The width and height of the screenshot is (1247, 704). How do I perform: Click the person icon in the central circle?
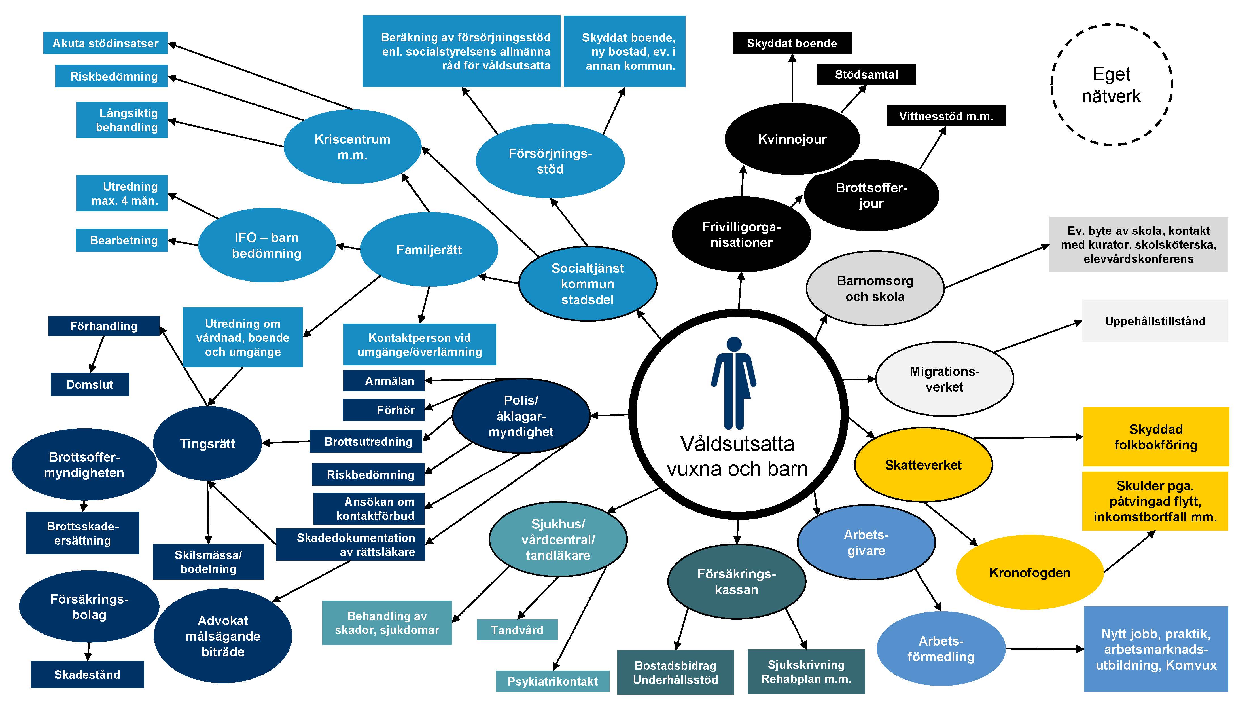pyautogui.click(x=734, y=382)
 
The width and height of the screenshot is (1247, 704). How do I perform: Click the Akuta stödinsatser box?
pyautogui.click(x=105, y=43)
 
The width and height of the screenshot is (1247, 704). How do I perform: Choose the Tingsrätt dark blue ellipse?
pyautogui.click(x=208, y=443)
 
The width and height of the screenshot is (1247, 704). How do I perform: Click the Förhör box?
pyautogui.click(x=383, y=410)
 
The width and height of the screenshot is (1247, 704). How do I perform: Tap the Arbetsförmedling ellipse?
pyautogui.click(x=941, y=649)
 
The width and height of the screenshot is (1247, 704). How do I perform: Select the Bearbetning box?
pyautogui.click(x=122, y=240)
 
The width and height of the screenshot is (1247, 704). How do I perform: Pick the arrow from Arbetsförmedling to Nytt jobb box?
pyautogui.click(x=1044, y=649)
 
